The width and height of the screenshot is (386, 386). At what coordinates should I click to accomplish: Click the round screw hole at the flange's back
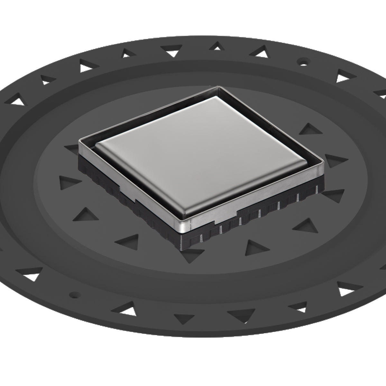(x=302, y=60)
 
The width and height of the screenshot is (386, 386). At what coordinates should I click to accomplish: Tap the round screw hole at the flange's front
(x=75, y=294)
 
